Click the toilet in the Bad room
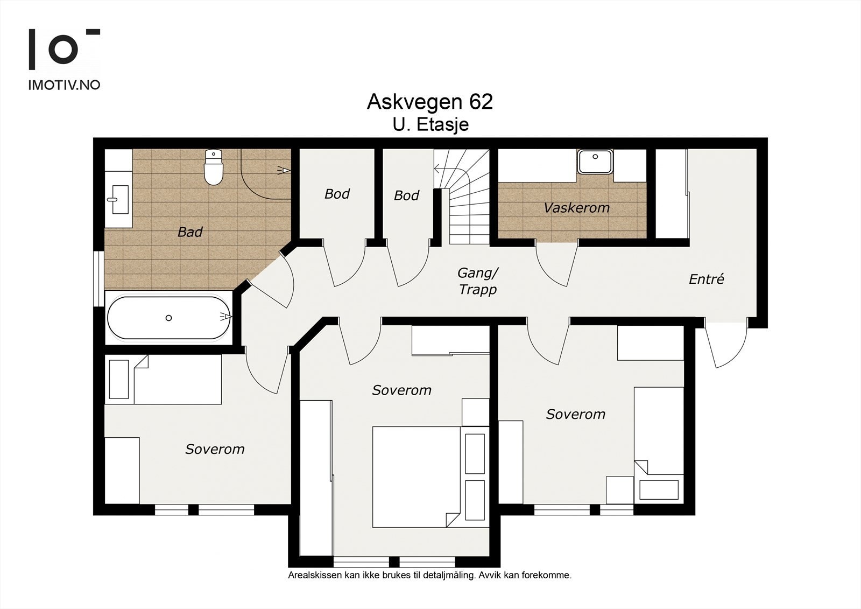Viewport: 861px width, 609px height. [213, 167]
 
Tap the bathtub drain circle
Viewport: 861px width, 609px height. [168, 318]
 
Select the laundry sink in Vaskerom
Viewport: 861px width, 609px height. [595, 162]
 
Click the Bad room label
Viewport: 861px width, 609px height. [190, 232]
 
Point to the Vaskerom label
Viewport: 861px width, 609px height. [576, 208]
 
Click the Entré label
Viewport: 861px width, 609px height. [706, 279]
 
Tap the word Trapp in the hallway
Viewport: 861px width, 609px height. [478, 289]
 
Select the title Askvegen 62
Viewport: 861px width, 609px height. [430, 102]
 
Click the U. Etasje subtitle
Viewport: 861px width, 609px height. [430, 125]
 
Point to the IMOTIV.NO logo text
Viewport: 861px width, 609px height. [64, 85]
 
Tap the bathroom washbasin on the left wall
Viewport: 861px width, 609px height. [118, 199]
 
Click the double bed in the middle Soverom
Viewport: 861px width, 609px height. [417, 477]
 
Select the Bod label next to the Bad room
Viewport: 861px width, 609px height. [337, 194]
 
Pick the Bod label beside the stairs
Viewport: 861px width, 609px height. [406, 195]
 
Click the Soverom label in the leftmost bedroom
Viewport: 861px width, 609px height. [215, 449]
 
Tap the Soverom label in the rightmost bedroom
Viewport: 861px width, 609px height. [576, 414]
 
